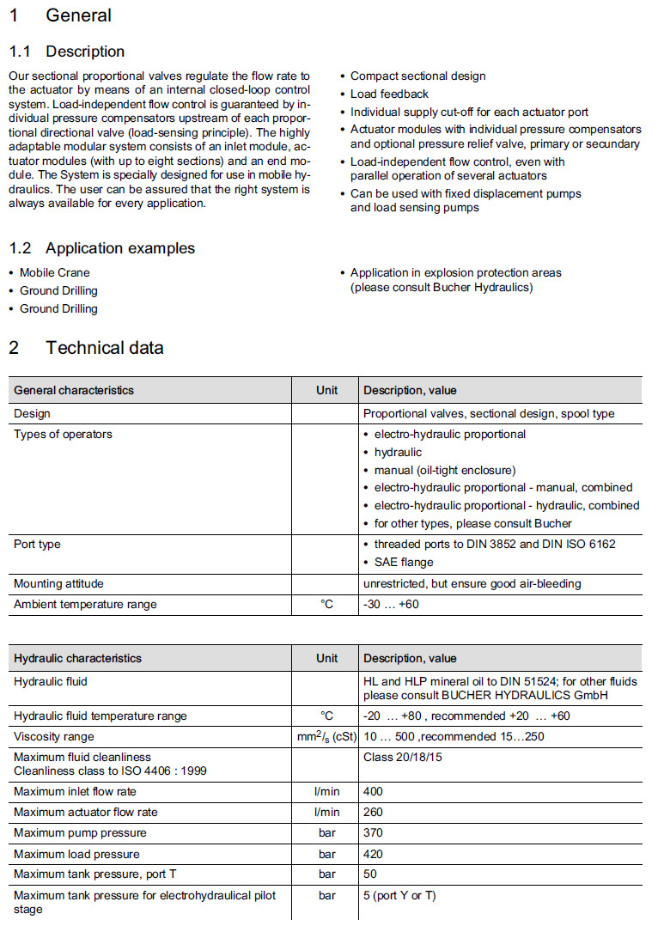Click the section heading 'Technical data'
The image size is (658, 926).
(x=104, y=348)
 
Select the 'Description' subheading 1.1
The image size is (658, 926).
(x=85, y=52)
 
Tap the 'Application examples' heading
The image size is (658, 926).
(x=120, y=248)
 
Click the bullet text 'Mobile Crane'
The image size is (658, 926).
(x=55, y=272)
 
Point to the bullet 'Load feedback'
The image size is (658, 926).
(x=389, y=94)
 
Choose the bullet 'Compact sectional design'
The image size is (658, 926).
(x=417, y=76)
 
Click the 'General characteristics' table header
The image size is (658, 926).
(x=74, y=390)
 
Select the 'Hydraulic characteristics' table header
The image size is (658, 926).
(x=78, y=658)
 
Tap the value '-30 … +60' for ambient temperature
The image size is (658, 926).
(x=391, y=604)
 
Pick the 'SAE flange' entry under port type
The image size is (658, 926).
(x=404, y=562)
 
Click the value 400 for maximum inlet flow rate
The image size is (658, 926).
(x=373, y=791)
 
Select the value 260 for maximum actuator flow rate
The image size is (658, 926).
(x=373, y=812)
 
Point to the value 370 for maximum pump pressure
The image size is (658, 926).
(x=373, y=832)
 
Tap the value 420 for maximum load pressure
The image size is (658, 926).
(x=373, y=854)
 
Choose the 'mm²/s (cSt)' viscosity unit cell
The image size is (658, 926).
(x=326, y=736)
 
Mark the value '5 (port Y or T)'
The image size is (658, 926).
(x=399, y=896)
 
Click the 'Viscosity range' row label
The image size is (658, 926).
(x=54, y=736)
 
